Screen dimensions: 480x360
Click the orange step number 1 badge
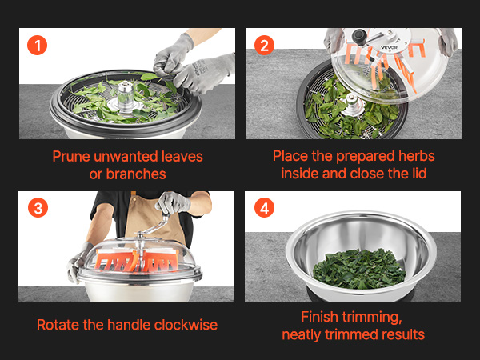click(37, 46)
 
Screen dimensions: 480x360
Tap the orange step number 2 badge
click(264, 46)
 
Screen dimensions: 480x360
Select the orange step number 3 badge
click(38, 207)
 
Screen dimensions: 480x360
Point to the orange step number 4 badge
click(264, 207)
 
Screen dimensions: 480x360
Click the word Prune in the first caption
click(71, 157)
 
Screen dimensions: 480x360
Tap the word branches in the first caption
click(136, 174)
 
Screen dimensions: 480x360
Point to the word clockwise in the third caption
click(186, 325)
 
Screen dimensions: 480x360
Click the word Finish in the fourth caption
click(319, 317)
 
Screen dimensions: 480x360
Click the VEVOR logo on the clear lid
click(389, 47)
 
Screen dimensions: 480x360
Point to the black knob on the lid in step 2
click(359, 36)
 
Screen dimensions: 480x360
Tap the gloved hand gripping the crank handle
click(174, 202)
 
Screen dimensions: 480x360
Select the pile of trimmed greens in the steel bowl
click(359, 269)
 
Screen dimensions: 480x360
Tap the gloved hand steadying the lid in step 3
click(78, 261)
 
